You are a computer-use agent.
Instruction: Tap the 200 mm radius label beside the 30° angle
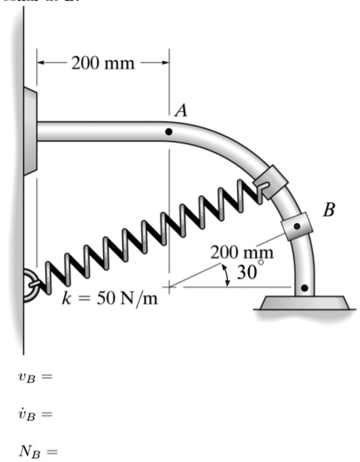pyautogui.click(x=243, y=253)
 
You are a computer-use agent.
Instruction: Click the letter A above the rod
pyautogui.click(x=180, y=111)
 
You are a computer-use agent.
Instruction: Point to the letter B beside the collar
pyautogui.click(x=328, y=210)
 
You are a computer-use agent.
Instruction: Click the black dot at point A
pyautogui.click(x=168, y=132)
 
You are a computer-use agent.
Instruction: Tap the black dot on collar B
pyautogui.click(x=296, y=226)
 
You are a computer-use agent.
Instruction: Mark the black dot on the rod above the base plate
pyautogui.click(x=306, y=288)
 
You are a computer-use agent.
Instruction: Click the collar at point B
pyautogui.click(x=296, y=225)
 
